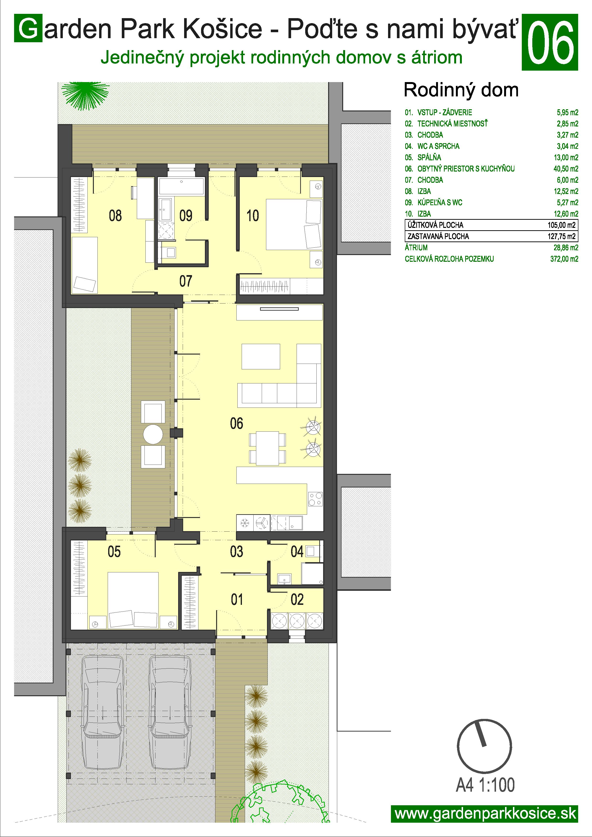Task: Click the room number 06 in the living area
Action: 236,423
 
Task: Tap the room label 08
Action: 115,216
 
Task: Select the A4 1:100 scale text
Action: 485,785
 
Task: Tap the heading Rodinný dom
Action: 461,90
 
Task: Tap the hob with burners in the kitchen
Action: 315,499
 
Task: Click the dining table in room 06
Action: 267,448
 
